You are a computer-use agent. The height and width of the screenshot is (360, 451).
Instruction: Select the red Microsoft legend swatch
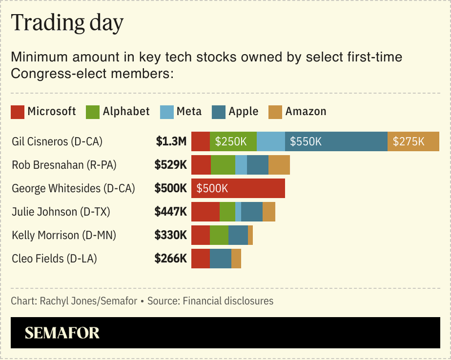(x=17, y=112)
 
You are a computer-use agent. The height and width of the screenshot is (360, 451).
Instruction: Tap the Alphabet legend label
(x=126, y=111)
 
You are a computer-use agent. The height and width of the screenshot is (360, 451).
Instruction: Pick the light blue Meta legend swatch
(x=167, y=112)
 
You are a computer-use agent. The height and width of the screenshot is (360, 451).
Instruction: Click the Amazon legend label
(x=305, y=111)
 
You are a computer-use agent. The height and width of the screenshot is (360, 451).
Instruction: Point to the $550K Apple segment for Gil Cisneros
(x=336, y=141)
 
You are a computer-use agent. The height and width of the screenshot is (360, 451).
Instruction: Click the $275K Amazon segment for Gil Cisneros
(x=413, y=141)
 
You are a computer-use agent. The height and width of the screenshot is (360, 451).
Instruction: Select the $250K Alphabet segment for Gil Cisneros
(x=233, y=141)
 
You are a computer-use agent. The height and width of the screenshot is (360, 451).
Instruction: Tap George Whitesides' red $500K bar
(x=238, y=188)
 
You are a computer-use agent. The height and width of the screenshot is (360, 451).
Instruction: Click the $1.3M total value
(x=171, y=141)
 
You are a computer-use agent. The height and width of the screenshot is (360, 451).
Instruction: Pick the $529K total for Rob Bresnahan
(x=170, y=165)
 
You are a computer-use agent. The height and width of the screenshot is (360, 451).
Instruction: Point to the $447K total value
(x=170, y=212)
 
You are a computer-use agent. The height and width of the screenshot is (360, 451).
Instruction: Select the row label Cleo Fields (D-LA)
(x=54, y=259)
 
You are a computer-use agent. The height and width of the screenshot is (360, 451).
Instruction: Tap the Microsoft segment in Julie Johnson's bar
(x=205, y=212)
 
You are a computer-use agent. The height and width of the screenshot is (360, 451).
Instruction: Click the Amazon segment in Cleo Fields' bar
(x=236, y=259)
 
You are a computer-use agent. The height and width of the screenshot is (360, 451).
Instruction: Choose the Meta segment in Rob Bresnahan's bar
(x=241, y=165)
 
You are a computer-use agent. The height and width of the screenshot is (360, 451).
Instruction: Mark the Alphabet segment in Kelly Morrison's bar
(x=219, y=235)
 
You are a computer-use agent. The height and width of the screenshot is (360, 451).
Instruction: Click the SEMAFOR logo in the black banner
(x=62, y=333)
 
